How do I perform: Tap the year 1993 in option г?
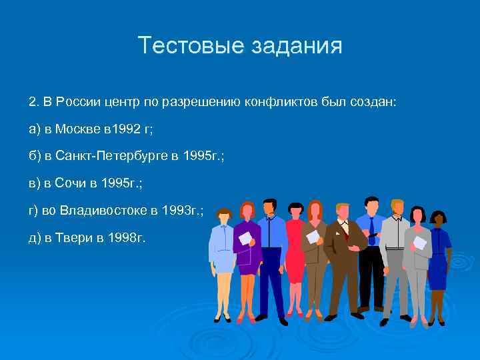pos(177,211)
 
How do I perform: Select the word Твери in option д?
pos(73,239)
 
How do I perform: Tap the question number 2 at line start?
pos(32,101)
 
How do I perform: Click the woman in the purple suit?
pos(247,253)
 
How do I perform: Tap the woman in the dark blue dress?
pos(437,260)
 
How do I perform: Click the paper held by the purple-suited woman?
pos(245,238)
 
